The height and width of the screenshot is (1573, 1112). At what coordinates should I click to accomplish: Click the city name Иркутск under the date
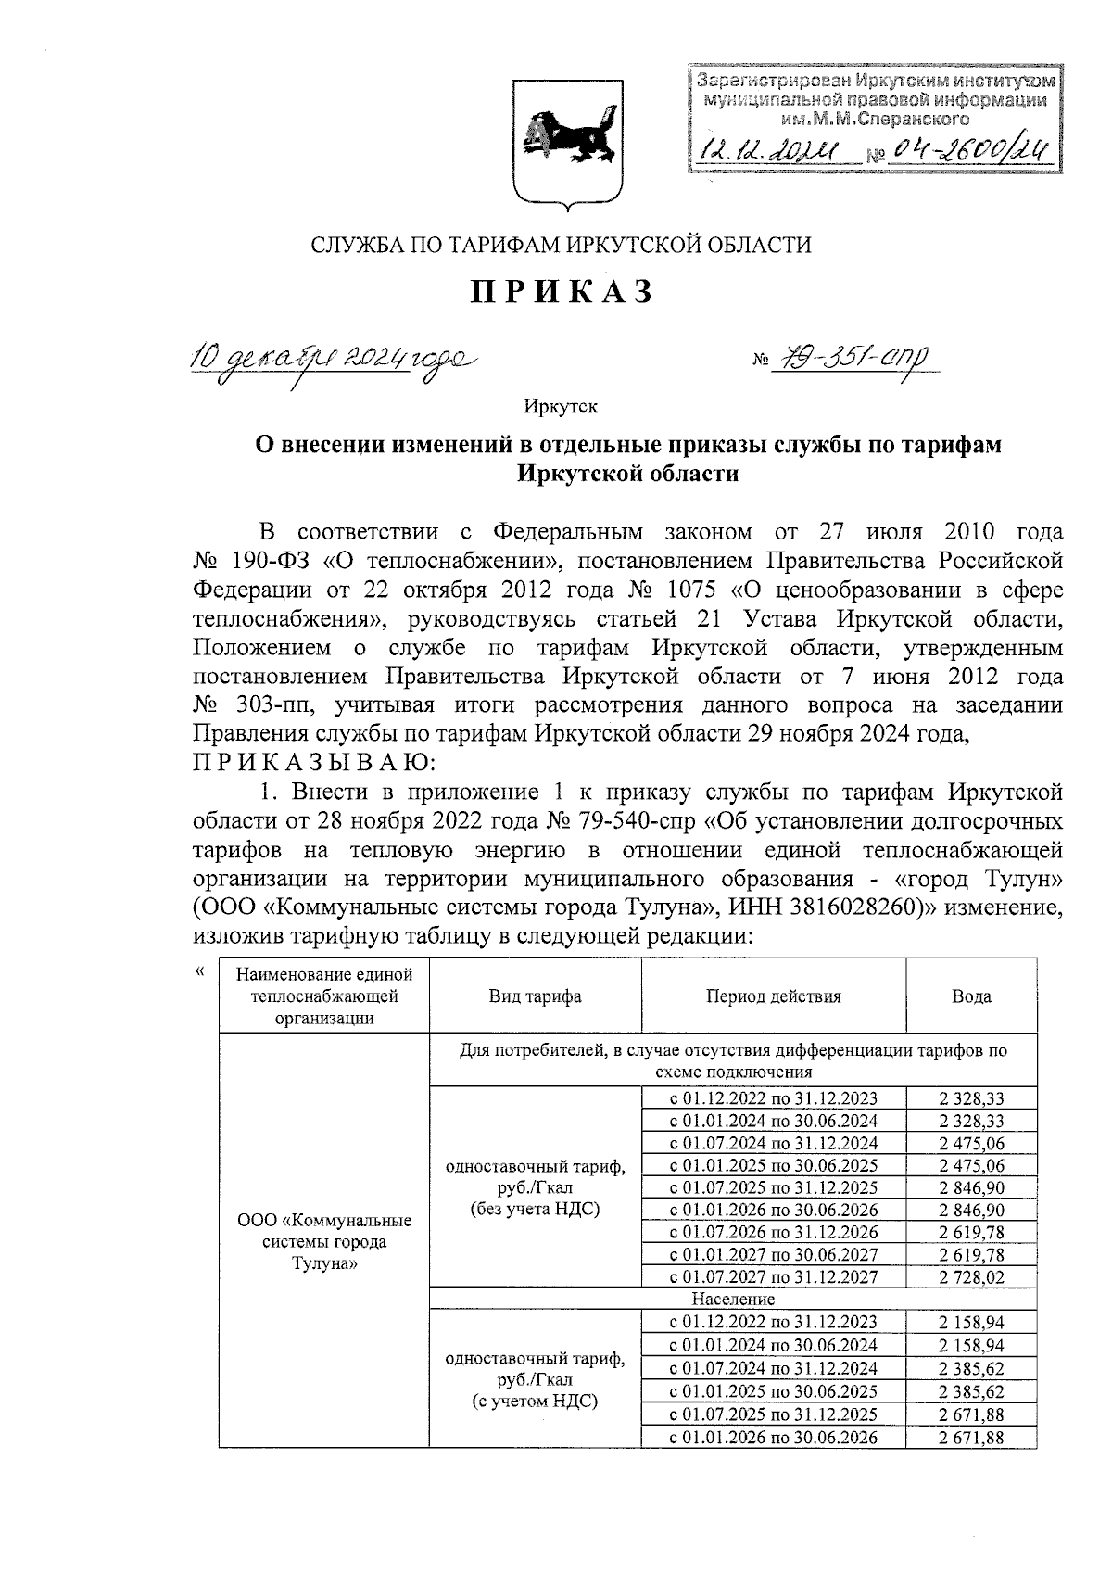[x=561, y=406]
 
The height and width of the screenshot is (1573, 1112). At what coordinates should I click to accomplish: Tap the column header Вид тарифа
[x=535, y=996]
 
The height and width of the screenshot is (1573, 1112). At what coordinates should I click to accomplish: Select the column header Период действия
[x=773, y=996]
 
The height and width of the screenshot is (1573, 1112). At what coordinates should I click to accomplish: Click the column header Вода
[x=970, y=996]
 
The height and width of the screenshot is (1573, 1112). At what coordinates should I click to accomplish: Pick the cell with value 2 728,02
[x=970, y=1276]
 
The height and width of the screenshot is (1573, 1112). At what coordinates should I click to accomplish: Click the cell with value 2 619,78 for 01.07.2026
[x=970, y=1232]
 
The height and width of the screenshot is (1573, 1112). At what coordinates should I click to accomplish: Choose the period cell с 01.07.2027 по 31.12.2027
[x=773, y=1276]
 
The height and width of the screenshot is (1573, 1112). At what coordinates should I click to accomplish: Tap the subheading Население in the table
[x=732, y=1299]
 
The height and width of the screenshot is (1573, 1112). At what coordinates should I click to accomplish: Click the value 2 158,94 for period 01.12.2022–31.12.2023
[x=970, y=1322]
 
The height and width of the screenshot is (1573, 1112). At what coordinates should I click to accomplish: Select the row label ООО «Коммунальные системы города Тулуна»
[x=323, y=1242]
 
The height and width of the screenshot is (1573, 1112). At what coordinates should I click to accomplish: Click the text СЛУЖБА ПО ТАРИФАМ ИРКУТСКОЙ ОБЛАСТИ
[x=561, y=245]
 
